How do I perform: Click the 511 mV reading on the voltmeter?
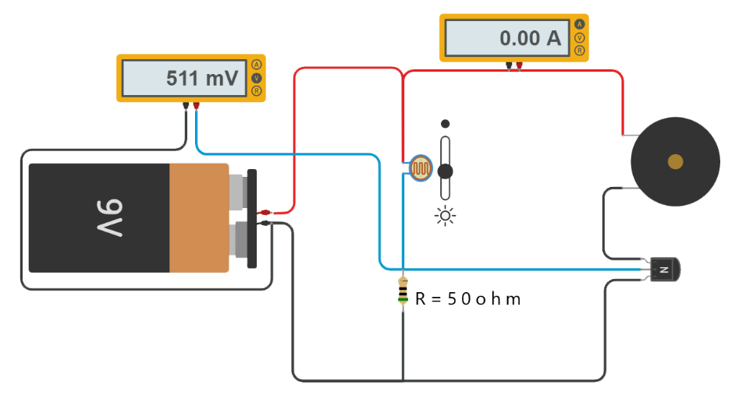202,79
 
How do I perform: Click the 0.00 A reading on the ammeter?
531,38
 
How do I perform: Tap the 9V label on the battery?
110,217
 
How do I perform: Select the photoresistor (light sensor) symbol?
421,168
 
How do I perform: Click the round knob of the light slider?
445,171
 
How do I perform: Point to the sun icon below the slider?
446,216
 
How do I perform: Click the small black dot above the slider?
446,124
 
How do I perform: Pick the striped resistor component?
403,291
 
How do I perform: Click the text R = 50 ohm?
467,299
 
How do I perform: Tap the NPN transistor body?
665,270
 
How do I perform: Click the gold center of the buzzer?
675,162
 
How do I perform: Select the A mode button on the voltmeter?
257,65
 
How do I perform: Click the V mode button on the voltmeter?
257,78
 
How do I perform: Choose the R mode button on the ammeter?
580,51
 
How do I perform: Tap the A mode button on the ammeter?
580,24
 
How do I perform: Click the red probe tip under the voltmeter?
196,105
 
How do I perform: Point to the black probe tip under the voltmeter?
186,105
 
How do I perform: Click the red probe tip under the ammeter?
519,65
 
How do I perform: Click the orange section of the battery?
199,218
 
